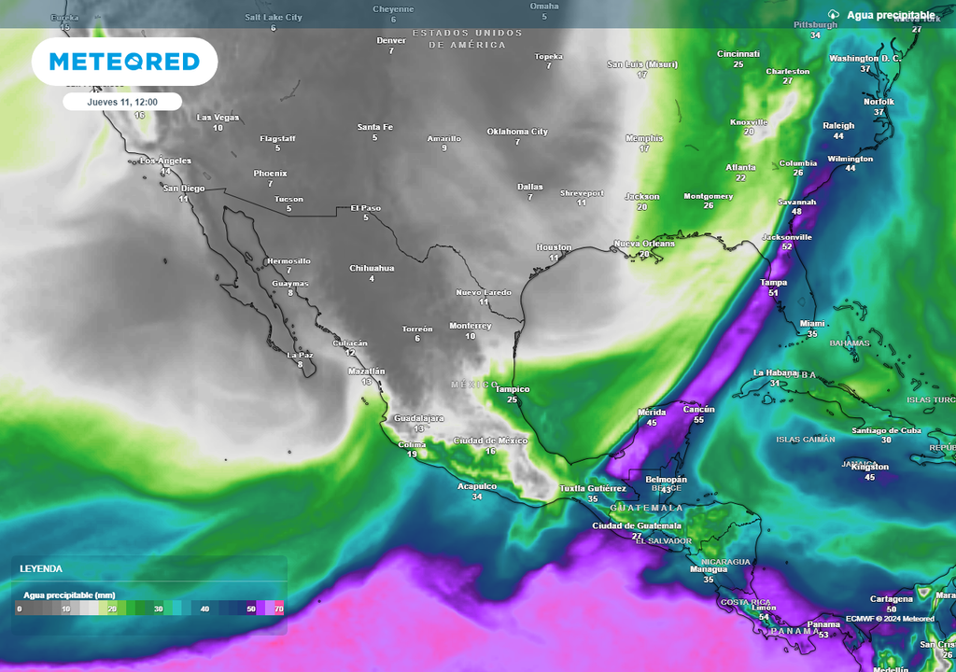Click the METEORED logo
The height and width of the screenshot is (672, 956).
(x=124, y=62)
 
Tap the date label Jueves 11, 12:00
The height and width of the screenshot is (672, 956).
(x=122, y=102)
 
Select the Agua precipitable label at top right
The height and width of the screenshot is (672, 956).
(x=891, y=15)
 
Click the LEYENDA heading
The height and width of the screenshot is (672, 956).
(x=41, y=568)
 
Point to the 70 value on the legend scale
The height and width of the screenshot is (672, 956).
(x=279, y=609)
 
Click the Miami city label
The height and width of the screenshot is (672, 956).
(x=812, y=324)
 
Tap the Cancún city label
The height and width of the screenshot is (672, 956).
(x=698, y=409)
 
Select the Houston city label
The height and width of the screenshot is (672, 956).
(x=554, y=247)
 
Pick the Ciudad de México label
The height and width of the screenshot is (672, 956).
(x=490, y=441)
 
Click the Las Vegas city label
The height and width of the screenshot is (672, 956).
(x=218, y=118)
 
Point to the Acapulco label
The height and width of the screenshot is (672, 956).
(x=477, y=486)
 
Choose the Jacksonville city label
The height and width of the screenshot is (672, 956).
(x=787, y=237)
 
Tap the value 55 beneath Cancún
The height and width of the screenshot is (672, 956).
(x=698, y=420)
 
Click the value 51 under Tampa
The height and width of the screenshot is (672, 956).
(x=773, y=293)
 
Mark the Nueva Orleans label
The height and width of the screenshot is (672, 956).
(x=644, y=244)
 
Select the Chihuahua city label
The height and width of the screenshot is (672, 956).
(x=372, y=268)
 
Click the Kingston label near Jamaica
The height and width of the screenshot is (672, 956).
(x=870, y=467)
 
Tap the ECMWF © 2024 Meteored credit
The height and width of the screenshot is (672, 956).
(x=890, y=618)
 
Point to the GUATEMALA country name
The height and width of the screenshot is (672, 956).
(x=646, y=508)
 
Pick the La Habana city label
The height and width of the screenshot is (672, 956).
(x=775, y=372)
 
